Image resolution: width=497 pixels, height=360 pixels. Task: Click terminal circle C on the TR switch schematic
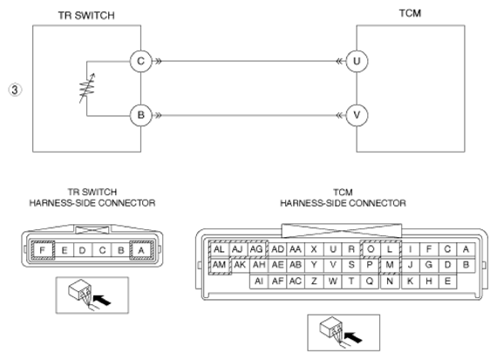[x=140, y=61]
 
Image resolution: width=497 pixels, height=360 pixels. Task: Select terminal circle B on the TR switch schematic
[x=140, y=115]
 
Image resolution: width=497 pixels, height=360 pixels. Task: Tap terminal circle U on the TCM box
[x=357, y=61]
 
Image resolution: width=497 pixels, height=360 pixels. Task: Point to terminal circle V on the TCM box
[x=357, y=115]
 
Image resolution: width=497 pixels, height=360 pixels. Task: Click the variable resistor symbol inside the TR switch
[x=87, y=88]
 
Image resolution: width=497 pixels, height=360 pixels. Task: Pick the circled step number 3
[x=15, y=90]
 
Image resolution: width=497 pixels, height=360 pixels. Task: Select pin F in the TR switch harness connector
[x=43, y=250]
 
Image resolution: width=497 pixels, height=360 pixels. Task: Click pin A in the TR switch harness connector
[x=141, y=250]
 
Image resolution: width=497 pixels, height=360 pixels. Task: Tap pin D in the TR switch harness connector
[x=83, y=251]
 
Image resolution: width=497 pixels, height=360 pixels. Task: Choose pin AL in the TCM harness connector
[x=219, y=249]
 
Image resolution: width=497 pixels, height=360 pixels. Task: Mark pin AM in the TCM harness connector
[x=220, y=265]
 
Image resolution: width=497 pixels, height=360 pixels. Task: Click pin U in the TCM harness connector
[x=333, y=249]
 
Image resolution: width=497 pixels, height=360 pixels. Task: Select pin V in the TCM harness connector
[x=333, y=265]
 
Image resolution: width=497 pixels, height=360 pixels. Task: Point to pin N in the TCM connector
[x=390, y=281]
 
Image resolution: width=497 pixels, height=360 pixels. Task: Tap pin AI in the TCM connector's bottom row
[x=259, y=281]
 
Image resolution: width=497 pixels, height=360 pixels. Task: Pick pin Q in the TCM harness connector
[x=370, y=281]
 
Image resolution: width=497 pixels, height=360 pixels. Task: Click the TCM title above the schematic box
[x=410, y=13]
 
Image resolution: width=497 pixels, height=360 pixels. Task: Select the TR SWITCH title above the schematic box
[x=86, y=16]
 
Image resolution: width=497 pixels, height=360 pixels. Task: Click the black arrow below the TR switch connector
[x=102, y=300]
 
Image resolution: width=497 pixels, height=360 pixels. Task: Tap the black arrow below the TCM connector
[x=353, y=337]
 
